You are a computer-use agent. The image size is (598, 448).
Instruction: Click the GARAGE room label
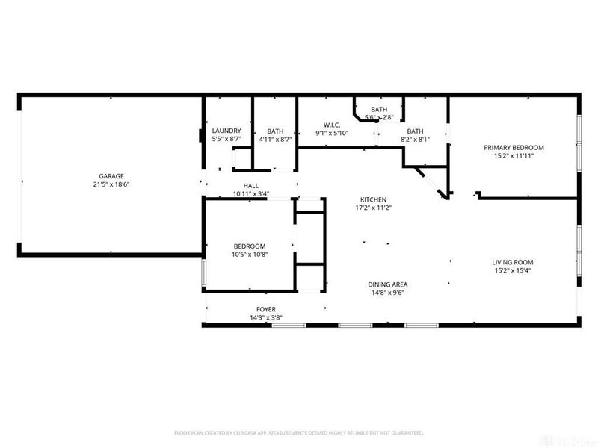[x=108, y=175]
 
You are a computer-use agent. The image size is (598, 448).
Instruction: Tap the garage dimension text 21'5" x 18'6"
[x=108, y=184]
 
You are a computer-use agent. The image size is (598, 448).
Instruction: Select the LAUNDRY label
[x=226, y=131]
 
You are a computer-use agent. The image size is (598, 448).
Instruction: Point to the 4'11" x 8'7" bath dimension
[x=275, y=140]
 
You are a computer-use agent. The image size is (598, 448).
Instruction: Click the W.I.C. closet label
[x=333, y=124]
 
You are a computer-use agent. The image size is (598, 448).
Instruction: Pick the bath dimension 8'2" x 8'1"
[x=415, y=140]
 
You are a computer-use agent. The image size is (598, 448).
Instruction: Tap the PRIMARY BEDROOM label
[x=513, y=147]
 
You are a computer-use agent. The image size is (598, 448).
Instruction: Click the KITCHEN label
[x=373, y=199]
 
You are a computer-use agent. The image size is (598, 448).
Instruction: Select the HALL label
[x=250, y=185]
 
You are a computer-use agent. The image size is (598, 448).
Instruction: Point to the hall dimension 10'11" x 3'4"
[x=250, y=194]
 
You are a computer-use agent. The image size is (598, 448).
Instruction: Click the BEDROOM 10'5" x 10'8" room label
[x=249, y=246]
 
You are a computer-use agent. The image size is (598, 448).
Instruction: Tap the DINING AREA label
[x=387, y=284]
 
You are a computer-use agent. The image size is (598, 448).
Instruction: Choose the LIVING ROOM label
[x=512, y=262]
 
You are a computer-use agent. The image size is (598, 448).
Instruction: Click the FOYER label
[x=265, y=309]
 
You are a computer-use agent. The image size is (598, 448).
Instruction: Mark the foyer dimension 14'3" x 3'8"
[x=265, y=318]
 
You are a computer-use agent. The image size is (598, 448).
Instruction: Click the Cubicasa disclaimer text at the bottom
[x=299, y=432]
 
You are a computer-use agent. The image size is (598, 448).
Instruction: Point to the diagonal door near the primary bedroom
[x=432, y=183]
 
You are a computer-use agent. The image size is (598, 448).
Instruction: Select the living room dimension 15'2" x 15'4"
[x=512, y=271]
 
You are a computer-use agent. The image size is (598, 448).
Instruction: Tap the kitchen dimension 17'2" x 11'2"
[x=373, y=208]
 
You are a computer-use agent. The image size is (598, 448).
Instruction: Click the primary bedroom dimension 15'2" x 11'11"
[x=513, y=156]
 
